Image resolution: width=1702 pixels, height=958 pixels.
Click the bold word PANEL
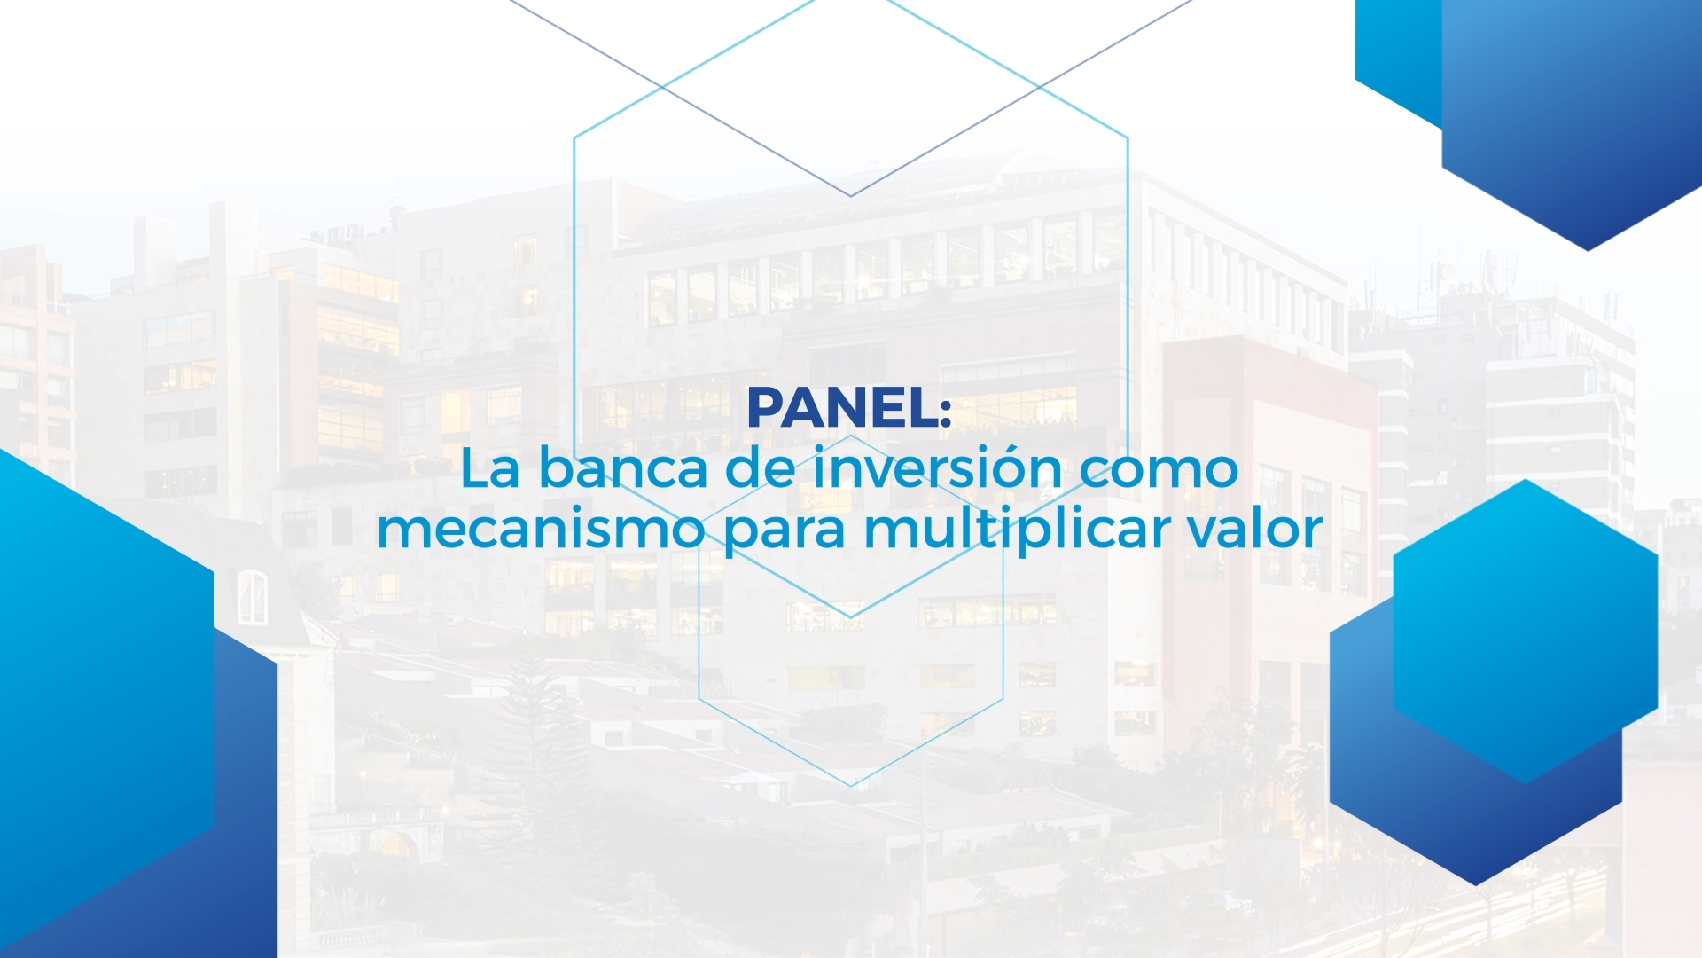(x=842, y=408)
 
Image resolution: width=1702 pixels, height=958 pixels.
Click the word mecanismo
(x=541, y=529)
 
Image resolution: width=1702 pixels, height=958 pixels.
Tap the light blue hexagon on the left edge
(x=98, y=692)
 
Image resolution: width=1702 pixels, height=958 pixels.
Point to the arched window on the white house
(x=252, y=597)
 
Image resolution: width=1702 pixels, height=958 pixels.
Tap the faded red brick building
(x=1268, y=532)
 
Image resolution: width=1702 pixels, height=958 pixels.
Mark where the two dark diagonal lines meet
(x=851, y=196)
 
